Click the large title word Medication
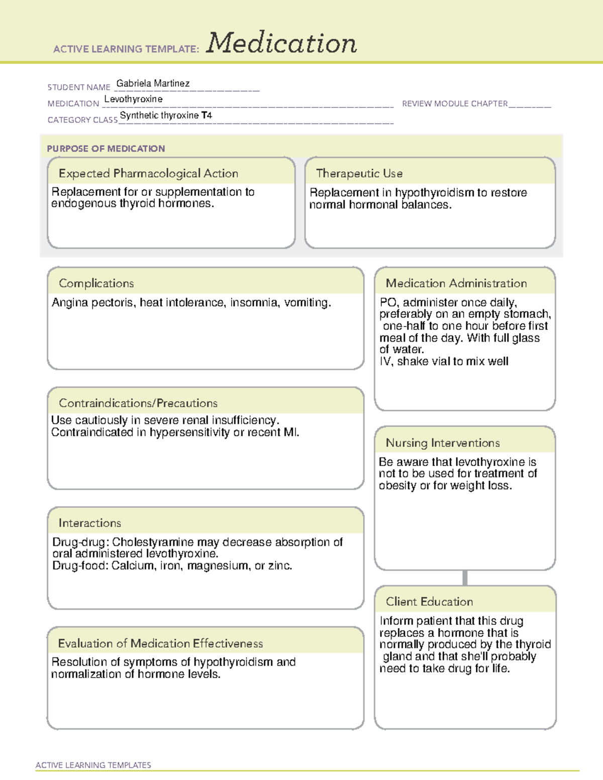pos(281,43)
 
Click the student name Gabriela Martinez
pos(153,83)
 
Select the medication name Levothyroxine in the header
pos(133,99)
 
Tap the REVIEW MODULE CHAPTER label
pos(455,103)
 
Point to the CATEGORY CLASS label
pos(82,120)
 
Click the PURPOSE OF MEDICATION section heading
pos(106,149)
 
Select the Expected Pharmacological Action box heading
pos(148,173)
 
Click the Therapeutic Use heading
pos(359,173)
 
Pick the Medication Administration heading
pos(456,283)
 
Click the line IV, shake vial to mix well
pos(444,362)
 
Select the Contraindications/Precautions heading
pos(138,403)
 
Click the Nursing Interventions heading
pos(442,443)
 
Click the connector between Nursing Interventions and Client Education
pos(465,578)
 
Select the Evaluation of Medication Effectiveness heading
pos(160,643)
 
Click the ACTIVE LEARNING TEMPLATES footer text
pos(93,765)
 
